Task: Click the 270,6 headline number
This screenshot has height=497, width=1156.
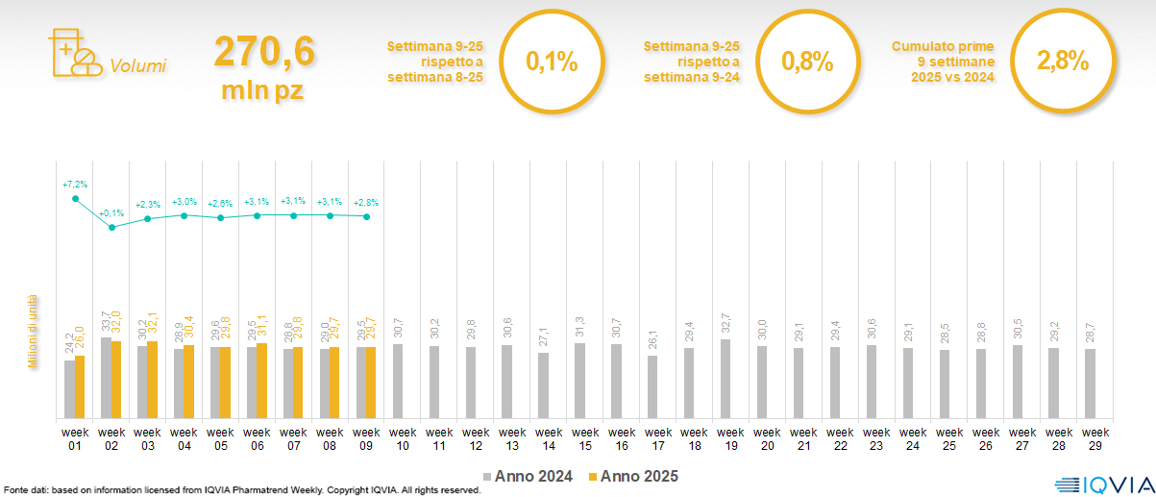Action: (x=263, y=52)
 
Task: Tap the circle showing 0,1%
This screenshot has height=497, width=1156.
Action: (x=552, y=62)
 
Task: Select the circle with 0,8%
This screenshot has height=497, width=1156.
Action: (x=807, y=62)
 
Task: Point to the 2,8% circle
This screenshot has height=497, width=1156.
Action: (x=1062, y=62)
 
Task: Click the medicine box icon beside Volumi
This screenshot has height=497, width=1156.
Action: (x=73, y=54)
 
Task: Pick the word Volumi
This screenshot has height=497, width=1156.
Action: (x=137, y=66)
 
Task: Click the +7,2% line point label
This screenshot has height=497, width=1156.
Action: (x=75, y=184)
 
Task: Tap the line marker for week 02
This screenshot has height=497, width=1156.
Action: (x=111, y=228)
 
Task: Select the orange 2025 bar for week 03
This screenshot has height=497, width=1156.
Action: (x=153, y=380)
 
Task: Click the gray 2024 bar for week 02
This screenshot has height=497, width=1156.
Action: (x=106, y=378)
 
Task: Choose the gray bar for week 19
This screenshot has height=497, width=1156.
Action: (x=726, y=379)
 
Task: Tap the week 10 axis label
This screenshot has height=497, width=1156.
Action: (x=403, y=437)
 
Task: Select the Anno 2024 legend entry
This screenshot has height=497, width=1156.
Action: (x=528, y=476)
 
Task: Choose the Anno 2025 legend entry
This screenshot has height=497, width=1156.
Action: (x=633, y=476)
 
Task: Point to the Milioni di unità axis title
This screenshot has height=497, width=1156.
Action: (x=32, y=332)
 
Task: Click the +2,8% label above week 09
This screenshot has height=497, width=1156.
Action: (x=366, y=203)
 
